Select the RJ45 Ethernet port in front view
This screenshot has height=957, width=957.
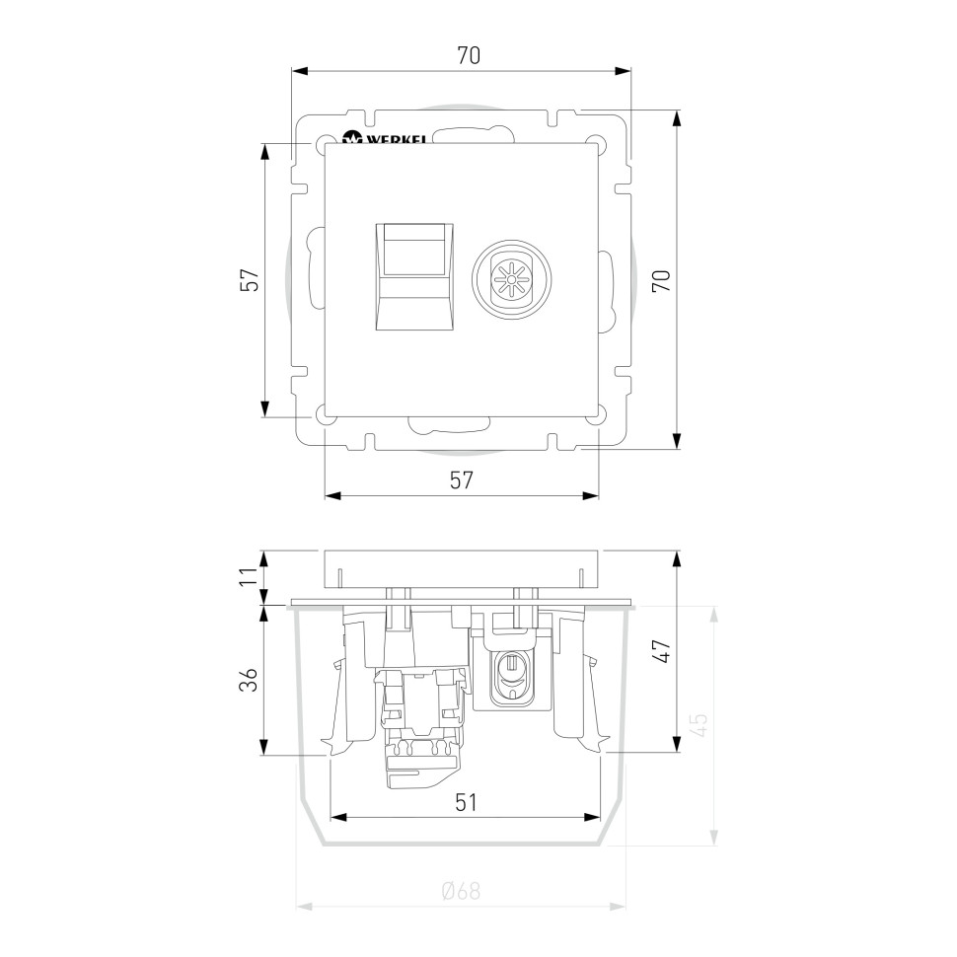[x=416, y=276]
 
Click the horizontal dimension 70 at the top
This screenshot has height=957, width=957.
[x=468, y=56]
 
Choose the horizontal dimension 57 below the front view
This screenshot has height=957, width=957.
[x=462, y=480]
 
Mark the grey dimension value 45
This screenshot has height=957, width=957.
[x=698, y=725]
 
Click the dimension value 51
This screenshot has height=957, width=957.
[x=466, y=802]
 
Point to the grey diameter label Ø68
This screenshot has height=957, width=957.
[x=462, y=891]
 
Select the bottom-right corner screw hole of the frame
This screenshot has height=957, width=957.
[x=593, y=417]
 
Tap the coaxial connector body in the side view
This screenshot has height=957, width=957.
[x=509, y=676]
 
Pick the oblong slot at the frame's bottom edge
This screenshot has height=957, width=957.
[x=449, y=427]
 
